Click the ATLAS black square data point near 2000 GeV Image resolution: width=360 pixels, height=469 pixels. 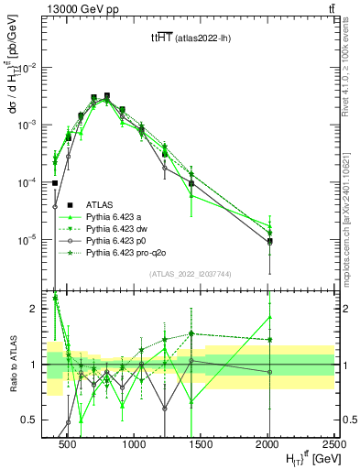[x=269, y=242]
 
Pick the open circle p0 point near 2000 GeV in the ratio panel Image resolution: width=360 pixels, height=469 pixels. [x=269, y=372]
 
